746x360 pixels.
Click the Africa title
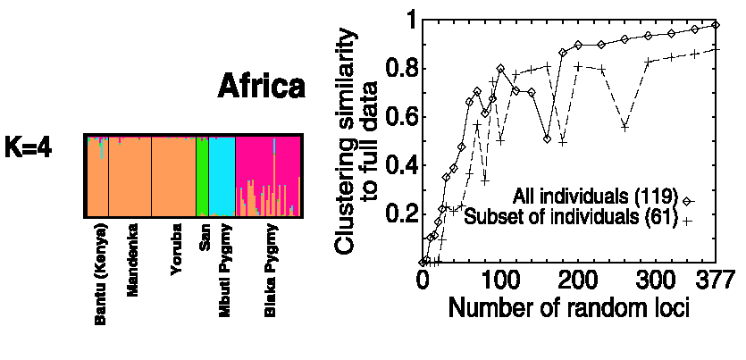click(x=262, y=88)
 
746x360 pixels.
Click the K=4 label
click(x=29, y=148)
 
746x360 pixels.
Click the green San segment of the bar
click(x=202, y=177)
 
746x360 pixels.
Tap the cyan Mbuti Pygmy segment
click(x=222, y=177)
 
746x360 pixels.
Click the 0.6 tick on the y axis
click(x=398, y=117)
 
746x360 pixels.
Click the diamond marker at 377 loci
click(x=715, y=24)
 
